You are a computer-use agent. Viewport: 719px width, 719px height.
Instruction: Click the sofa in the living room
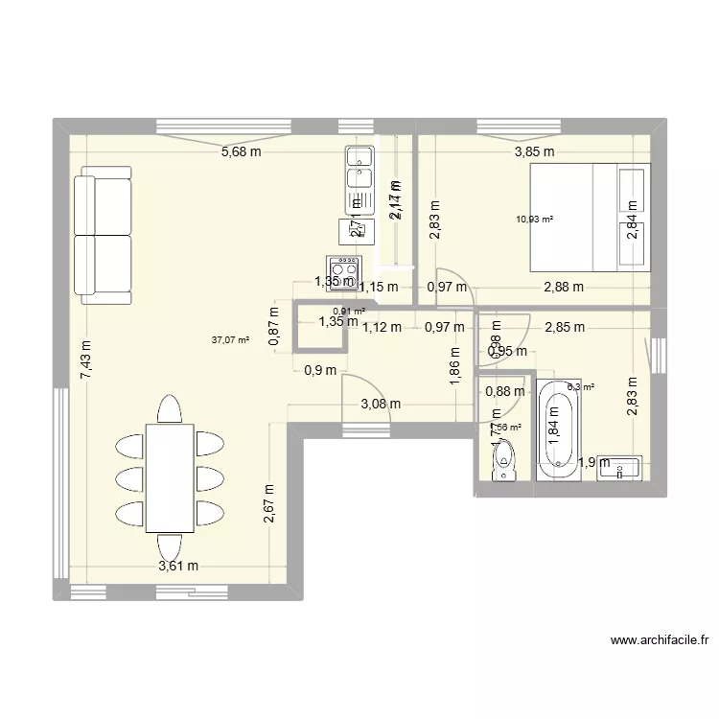tap(103, 235)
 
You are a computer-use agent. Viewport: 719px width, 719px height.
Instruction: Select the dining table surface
tap(170, 475)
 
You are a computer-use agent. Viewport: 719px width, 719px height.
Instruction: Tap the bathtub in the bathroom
tap(557, 430)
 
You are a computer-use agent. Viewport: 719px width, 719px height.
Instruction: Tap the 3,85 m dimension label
tap(534, 151)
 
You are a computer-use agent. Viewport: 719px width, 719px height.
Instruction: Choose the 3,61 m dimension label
tap(178, 566)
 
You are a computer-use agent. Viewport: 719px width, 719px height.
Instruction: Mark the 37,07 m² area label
tap(230, 338)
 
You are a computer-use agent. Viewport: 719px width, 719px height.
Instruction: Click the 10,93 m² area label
tap(535, 219)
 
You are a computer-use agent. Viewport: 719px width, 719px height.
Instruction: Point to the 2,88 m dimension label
tap(564, 286)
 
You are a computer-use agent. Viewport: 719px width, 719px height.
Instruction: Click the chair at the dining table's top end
tap(170, 409)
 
